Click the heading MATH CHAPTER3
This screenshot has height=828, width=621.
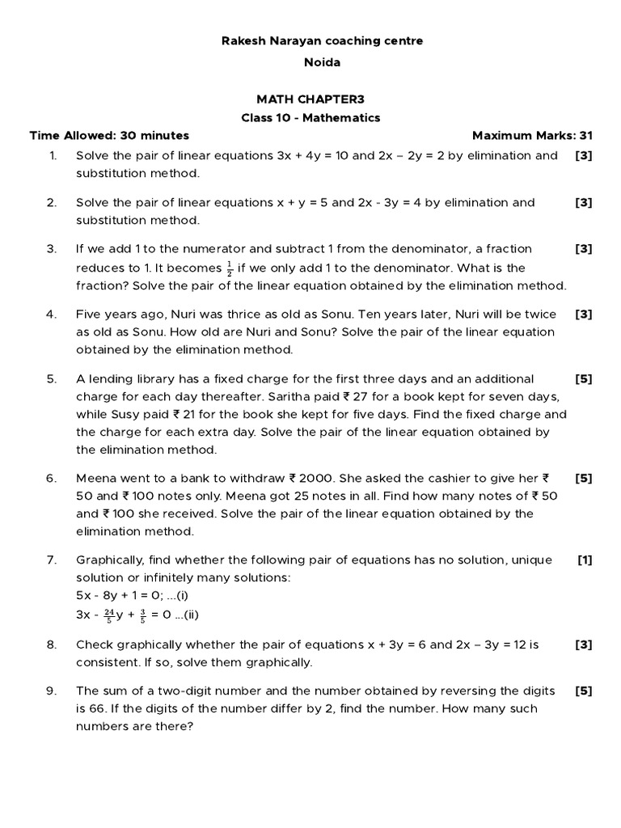310,99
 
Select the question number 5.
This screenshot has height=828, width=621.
51,378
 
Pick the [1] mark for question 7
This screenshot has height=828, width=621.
584,560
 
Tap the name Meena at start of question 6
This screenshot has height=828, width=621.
95,478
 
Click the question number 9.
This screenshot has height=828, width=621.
51,691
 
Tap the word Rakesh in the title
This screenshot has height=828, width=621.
243,40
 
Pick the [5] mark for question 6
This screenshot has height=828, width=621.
584,478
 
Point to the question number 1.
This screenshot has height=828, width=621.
51,155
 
